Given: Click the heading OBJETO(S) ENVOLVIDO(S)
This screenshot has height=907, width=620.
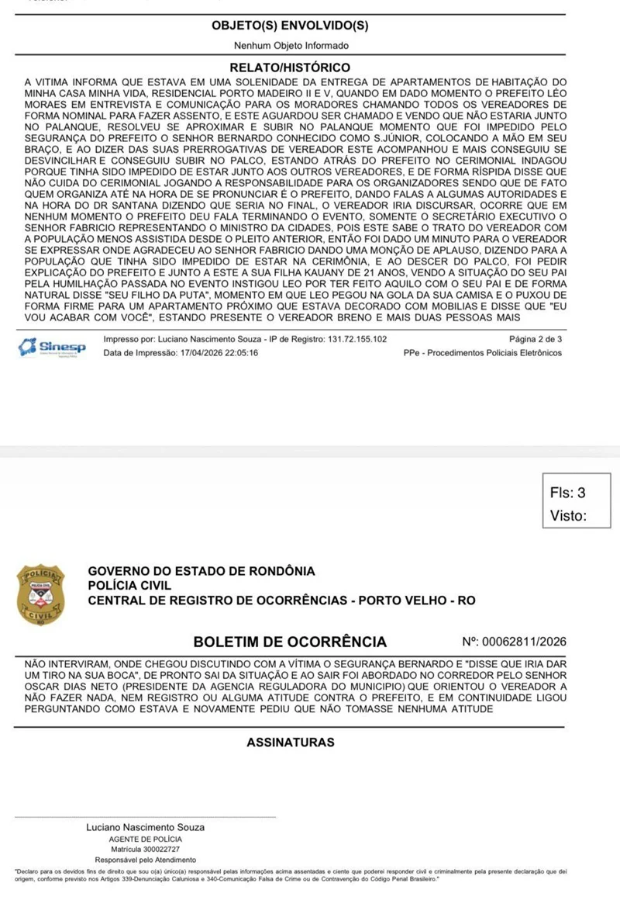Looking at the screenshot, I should (x=291, y=26).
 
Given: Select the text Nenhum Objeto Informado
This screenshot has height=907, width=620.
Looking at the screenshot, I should (x=291, y=47).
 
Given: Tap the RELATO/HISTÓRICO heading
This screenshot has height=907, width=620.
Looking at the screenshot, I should (x=291, y=68).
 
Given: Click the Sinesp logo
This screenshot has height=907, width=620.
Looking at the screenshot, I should (x=53, y=347).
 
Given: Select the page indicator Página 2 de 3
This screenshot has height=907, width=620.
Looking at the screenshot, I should (x=536, y=340).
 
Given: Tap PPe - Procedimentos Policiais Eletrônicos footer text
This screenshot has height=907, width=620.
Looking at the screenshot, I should (x=483, y=353).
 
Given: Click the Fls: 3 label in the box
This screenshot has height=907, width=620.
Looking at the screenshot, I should (x=567, y=493).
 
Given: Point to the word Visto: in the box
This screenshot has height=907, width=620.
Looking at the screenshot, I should (x=568, y=515).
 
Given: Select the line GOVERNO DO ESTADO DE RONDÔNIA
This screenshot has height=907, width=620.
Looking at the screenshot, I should (x=201, y=572).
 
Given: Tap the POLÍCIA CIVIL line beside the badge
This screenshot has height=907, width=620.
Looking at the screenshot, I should (x=129, y=586).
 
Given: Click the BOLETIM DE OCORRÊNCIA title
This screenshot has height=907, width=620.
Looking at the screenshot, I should (x=290, y=642).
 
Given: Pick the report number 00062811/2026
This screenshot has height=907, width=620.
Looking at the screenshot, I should (x=524, y=642).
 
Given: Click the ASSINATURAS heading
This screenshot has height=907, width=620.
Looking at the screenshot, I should (x=291, y=743).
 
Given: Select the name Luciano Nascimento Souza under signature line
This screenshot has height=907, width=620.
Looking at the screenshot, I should (x=145, y=828).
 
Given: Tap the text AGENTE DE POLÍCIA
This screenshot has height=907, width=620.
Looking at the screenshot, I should (x=145, y=839).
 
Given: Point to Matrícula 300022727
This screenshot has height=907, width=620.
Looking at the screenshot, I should (x=145, y=850).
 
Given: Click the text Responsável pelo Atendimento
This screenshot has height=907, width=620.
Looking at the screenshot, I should (x=145, y=860).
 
